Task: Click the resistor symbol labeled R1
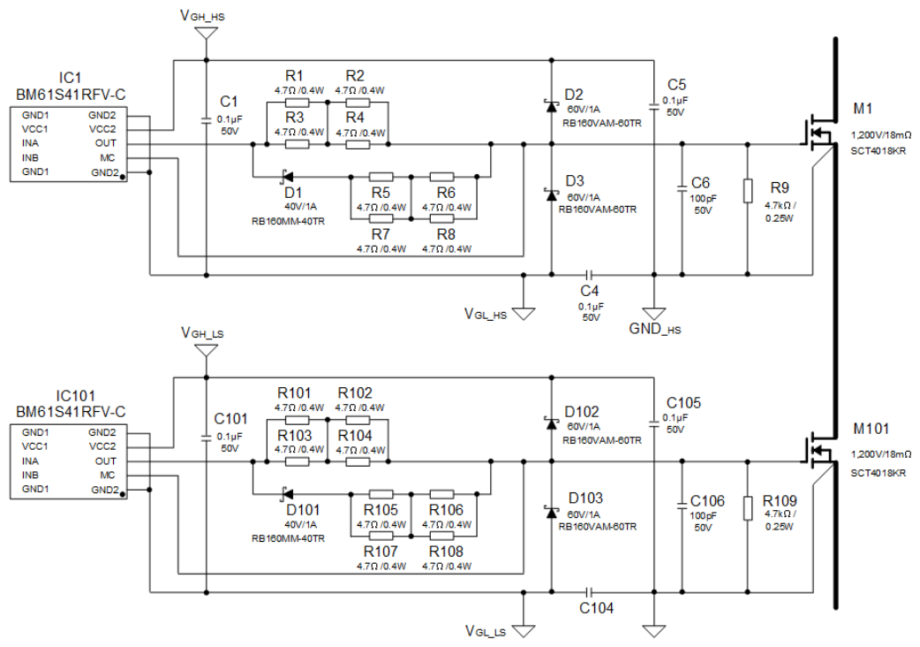(297, 103)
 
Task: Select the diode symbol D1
(287, 176)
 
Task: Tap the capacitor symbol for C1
(206, 120)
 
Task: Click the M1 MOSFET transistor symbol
(818, 136)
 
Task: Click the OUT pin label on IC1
(106, 143)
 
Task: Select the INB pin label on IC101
(30, 475)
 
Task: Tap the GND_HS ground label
(655, 329)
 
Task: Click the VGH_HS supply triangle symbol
(206, 34)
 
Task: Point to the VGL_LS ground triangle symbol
(524, 631)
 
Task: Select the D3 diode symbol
(551, 194)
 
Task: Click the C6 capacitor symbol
(682, 188)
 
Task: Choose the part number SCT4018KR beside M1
(879, 151)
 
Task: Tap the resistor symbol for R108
(441, 536)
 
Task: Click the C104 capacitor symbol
(590, 592)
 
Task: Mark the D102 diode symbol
(551, 422)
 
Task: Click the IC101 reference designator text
(75, 396)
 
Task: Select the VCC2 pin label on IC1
(102, 129)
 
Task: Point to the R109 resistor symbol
(748, 508)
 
